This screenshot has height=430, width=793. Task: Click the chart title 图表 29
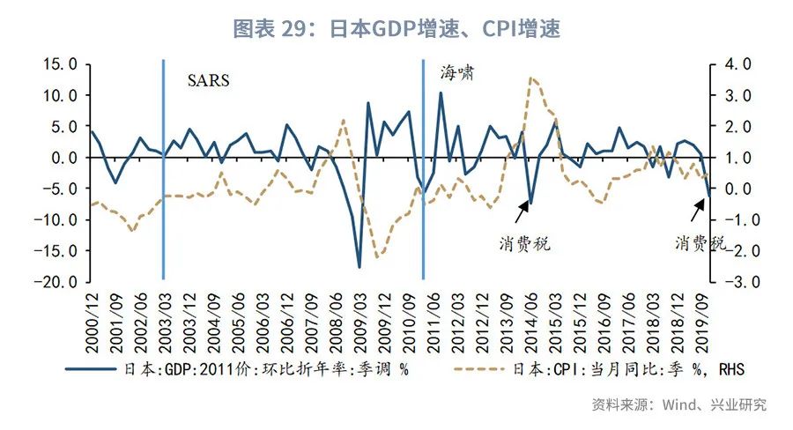point(396,28)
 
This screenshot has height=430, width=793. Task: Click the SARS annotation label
point(208,80)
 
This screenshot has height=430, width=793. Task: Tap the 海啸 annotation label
point(457,74)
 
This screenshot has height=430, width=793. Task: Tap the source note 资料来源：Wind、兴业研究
point(678,404)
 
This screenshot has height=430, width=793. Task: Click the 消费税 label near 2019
point(701,243)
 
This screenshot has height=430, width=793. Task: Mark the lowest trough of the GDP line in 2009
point(359,267)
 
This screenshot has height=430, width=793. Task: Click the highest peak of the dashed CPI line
point(531,78)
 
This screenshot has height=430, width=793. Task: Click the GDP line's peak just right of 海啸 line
point(441,93)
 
